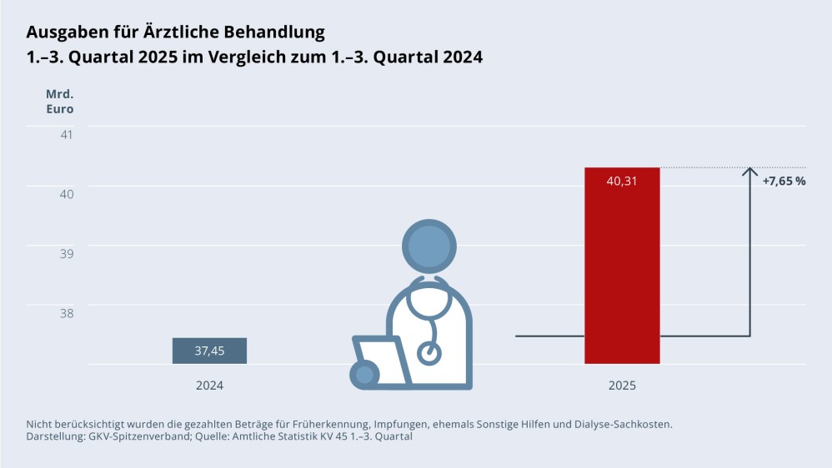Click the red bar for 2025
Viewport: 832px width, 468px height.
pyautogui.click(x=622, y=275)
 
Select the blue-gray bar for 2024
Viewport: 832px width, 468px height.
pyautogui.click(x=209, y=351)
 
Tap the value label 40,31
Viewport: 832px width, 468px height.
pyautogui.click(x=622, y=181)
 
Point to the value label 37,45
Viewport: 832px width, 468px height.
pyautogui.click(x=209, y=351)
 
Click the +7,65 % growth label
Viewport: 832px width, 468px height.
pyautogui.click(x=784, y=181)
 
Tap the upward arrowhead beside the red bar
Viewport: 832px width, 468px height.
pyautogui.click(x=750, y=172)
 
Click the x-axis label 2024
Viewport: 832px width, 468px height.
pyautogui.click(x=209, y=386)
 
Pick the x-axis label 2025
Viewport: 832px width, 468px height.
pyautogui.click(x=622, y=386)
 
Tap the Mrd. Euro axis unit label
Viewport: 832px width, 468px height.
pyautogui.click(x=59, y=101)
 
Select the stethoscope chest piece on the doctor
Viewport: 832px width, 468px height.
pyautogui.click(x=429, y=352)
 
